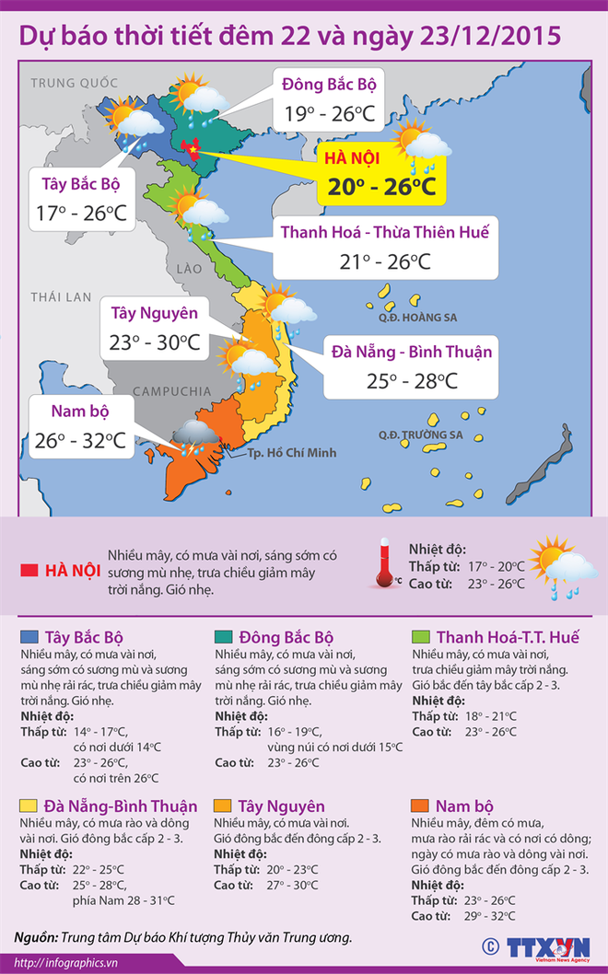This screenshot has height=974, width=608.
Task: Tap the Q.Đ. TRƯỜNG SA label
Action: point(420,435)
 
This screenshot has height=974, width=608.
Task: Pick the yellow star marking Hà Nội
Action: point(193,147)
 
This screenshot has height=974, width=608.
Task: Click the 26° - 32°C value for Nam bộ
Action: point(79,440)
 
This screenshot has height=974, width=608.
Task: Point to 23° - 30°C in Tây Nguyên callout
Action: point(155,342)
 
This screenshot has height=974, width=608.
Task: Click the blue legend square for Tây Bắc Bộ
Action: point(29,637)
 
